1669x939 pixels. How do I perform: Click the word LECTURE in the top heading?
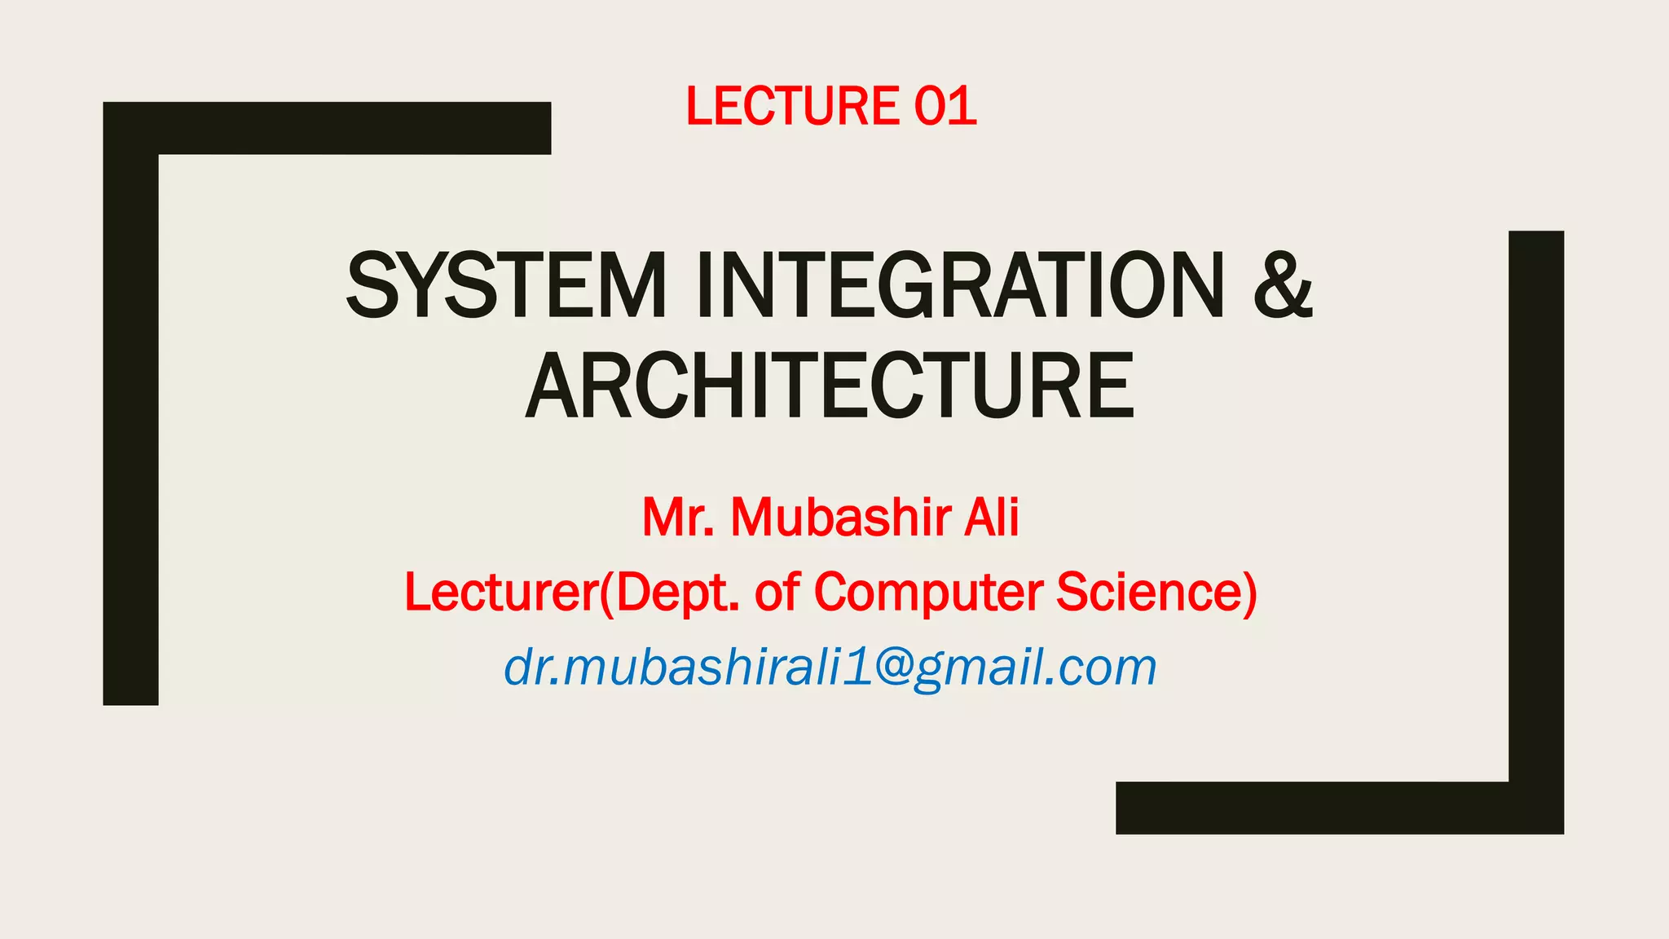coord(791,107)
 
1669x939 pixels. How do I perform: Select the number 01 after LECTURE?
coord(945,107)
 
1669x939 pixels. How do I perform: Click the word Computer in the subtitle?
coord(927,593)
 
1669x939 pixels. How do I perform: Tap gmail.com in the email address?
coord(1035,668)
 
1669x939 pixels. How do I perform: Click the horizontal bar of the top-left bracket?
coord(350,128)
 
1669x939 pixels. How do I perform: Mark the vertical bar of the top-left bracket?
coord(130,424)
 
